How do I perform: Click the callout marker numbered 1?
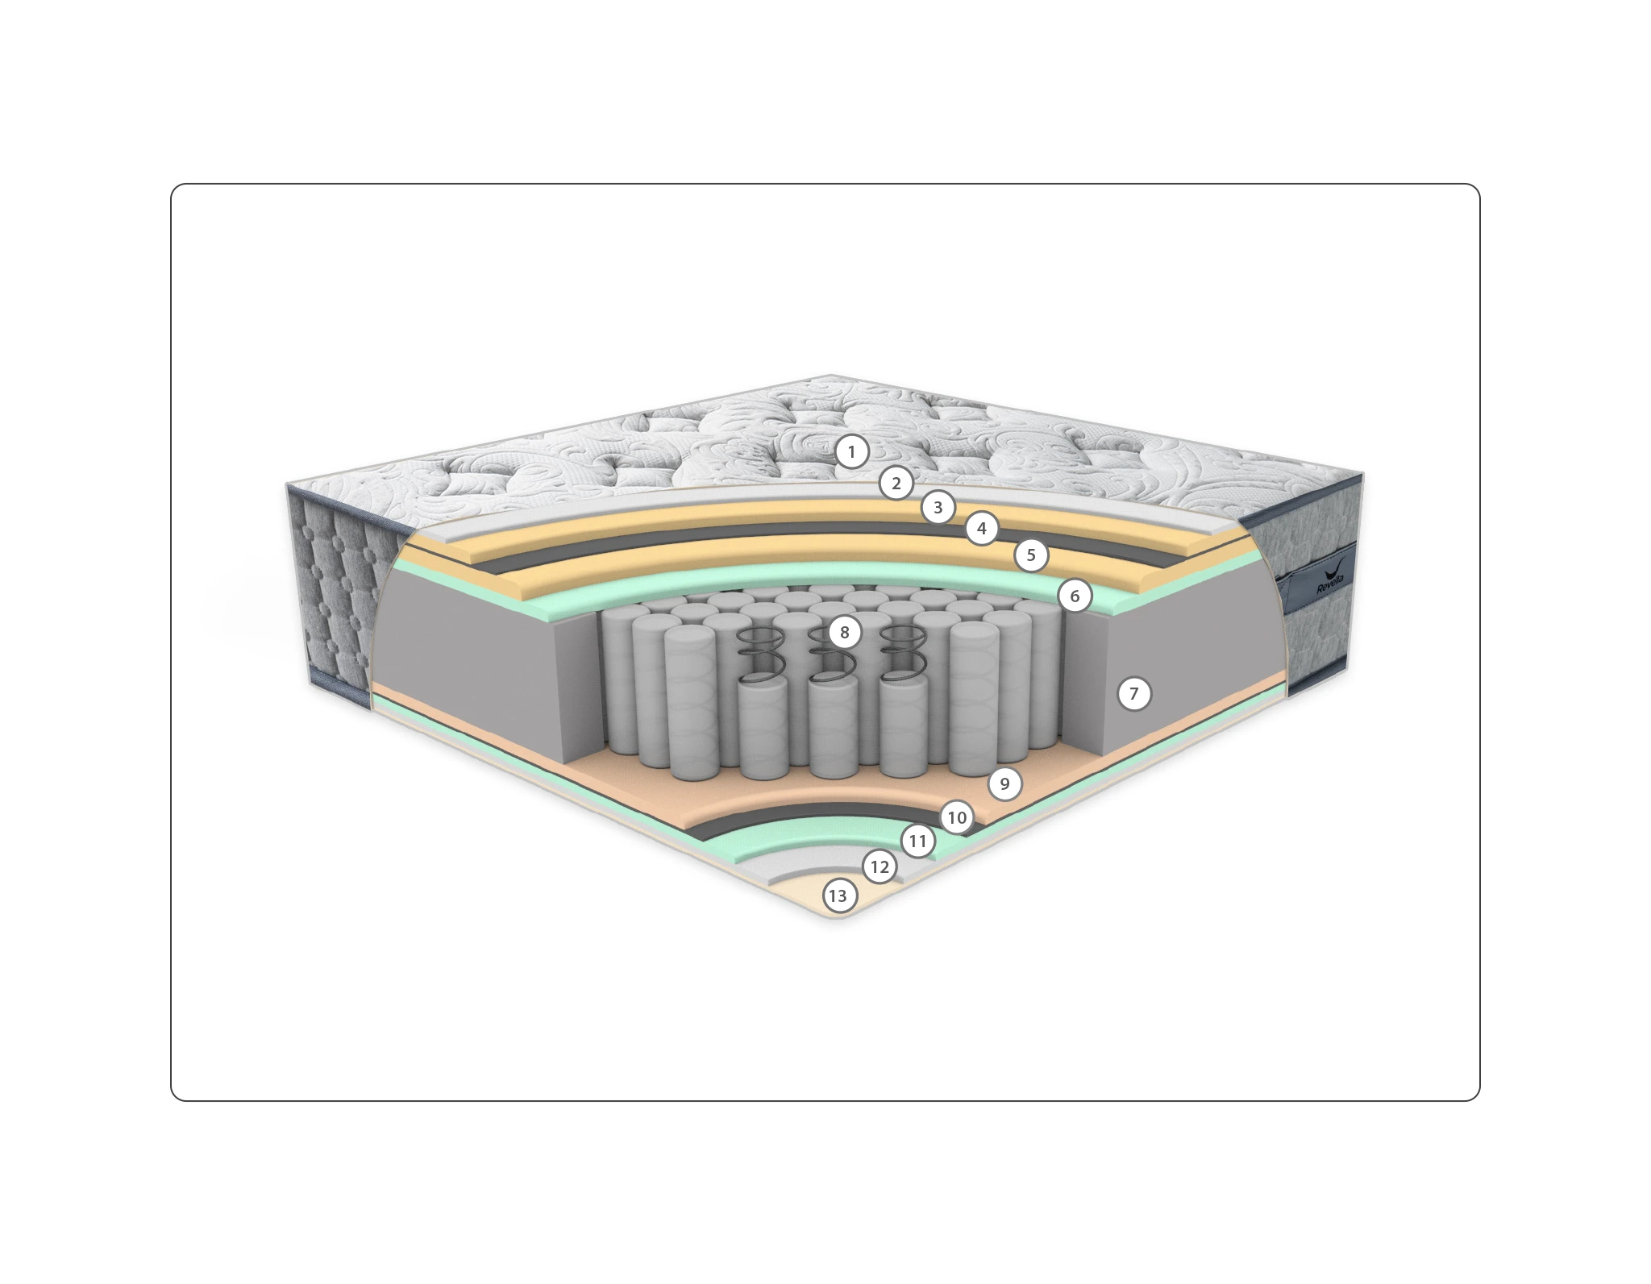click(851, 452)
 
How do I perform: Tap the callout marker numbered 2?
click(896, 484)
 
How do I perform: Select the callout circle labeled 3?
click(938, 508)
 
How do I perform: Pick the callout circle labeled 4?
click(981, 529)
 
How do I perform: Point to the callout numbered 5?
click(1031, 555)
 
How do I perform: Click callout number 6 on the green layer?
click(1075, 596)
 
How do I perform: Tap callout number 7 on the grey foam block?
click(1134, 693)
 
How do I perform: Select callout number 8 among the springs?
click(844, 633)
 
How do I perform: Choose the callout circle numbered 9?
click(1004, 783)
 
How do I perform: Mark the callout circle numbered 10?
click(957, 818)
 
